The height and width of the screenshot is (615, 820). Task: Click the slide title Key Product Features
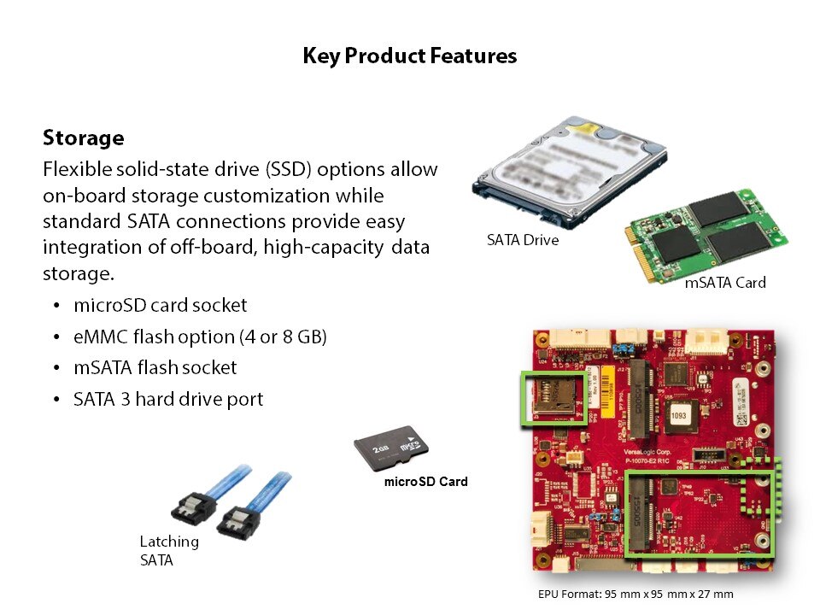click(409, 56)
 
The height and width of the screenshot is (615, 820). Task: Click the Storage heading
click(83, 138)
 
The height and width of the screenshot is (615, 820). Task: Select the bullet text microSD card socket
click(161, 305)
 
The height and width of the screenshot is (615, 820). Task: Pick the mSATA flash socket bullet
click(155, 368)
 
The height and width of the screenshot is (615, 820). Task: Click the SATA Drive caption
click(523, 241)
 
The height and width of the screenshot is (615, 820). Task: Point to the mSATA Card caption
click(725, 282)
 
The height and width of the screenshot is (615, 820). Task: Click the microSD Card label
click(425, 482)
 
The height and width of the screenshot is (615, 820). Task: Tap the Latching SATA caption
click(169, 550)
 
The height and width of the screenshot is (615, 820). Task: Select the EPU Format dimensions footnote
click(635, 594)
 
